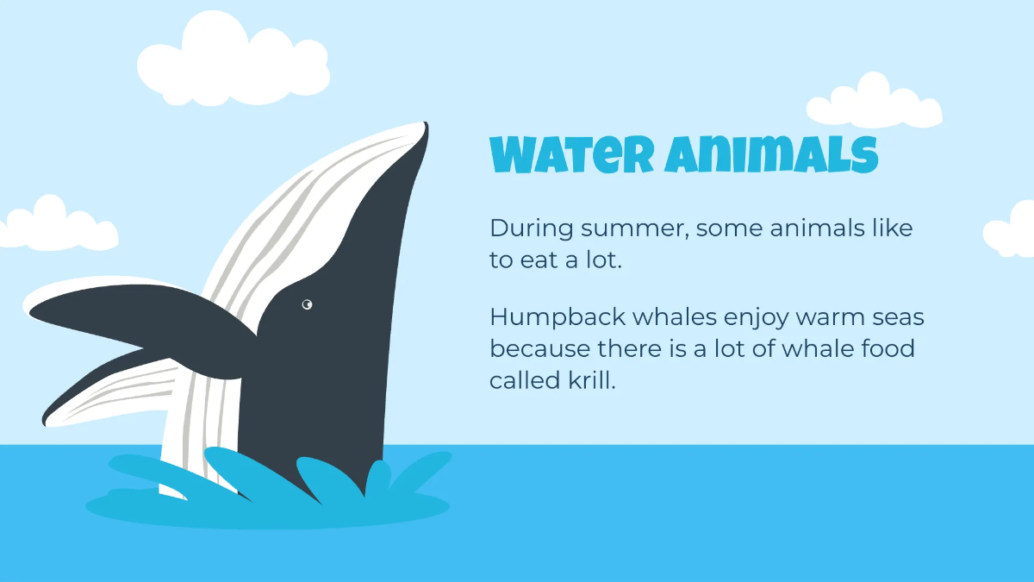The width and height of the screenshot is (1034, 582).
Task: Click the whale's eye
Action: (307, 304)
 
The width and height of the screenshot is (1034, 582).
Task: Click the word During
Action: (531, 228)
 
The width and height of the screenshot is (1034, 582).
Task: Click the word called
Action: (522, 380)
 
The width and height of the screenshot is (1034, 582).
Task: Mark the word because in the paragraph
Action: (539, 349)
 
